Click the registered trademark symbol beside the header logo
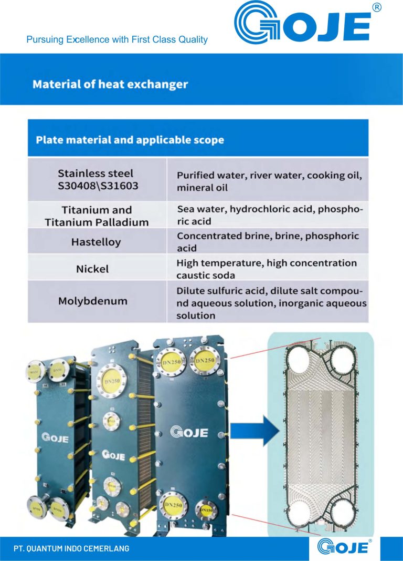pos(376,7)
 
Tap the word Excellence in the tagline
pos(88,39)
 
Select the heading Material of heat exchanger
pos(110,84)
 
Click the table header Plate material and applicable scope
pos(130,140)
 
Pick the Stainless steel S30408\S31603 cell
pos(96,179)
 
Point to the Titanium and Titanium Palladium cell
pos(97,216)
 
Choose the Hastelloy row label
pos(96,242)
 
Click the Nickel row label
pos(92,269)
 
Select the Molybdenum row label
pos(93,302)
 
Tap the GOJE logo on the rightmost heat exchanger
pos(189,433)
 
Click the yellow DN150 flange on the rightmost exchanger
pos(207,509)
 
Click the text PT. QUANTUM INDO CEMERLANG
pos(71,548)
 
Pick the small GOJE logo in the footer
pos(344,548)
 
